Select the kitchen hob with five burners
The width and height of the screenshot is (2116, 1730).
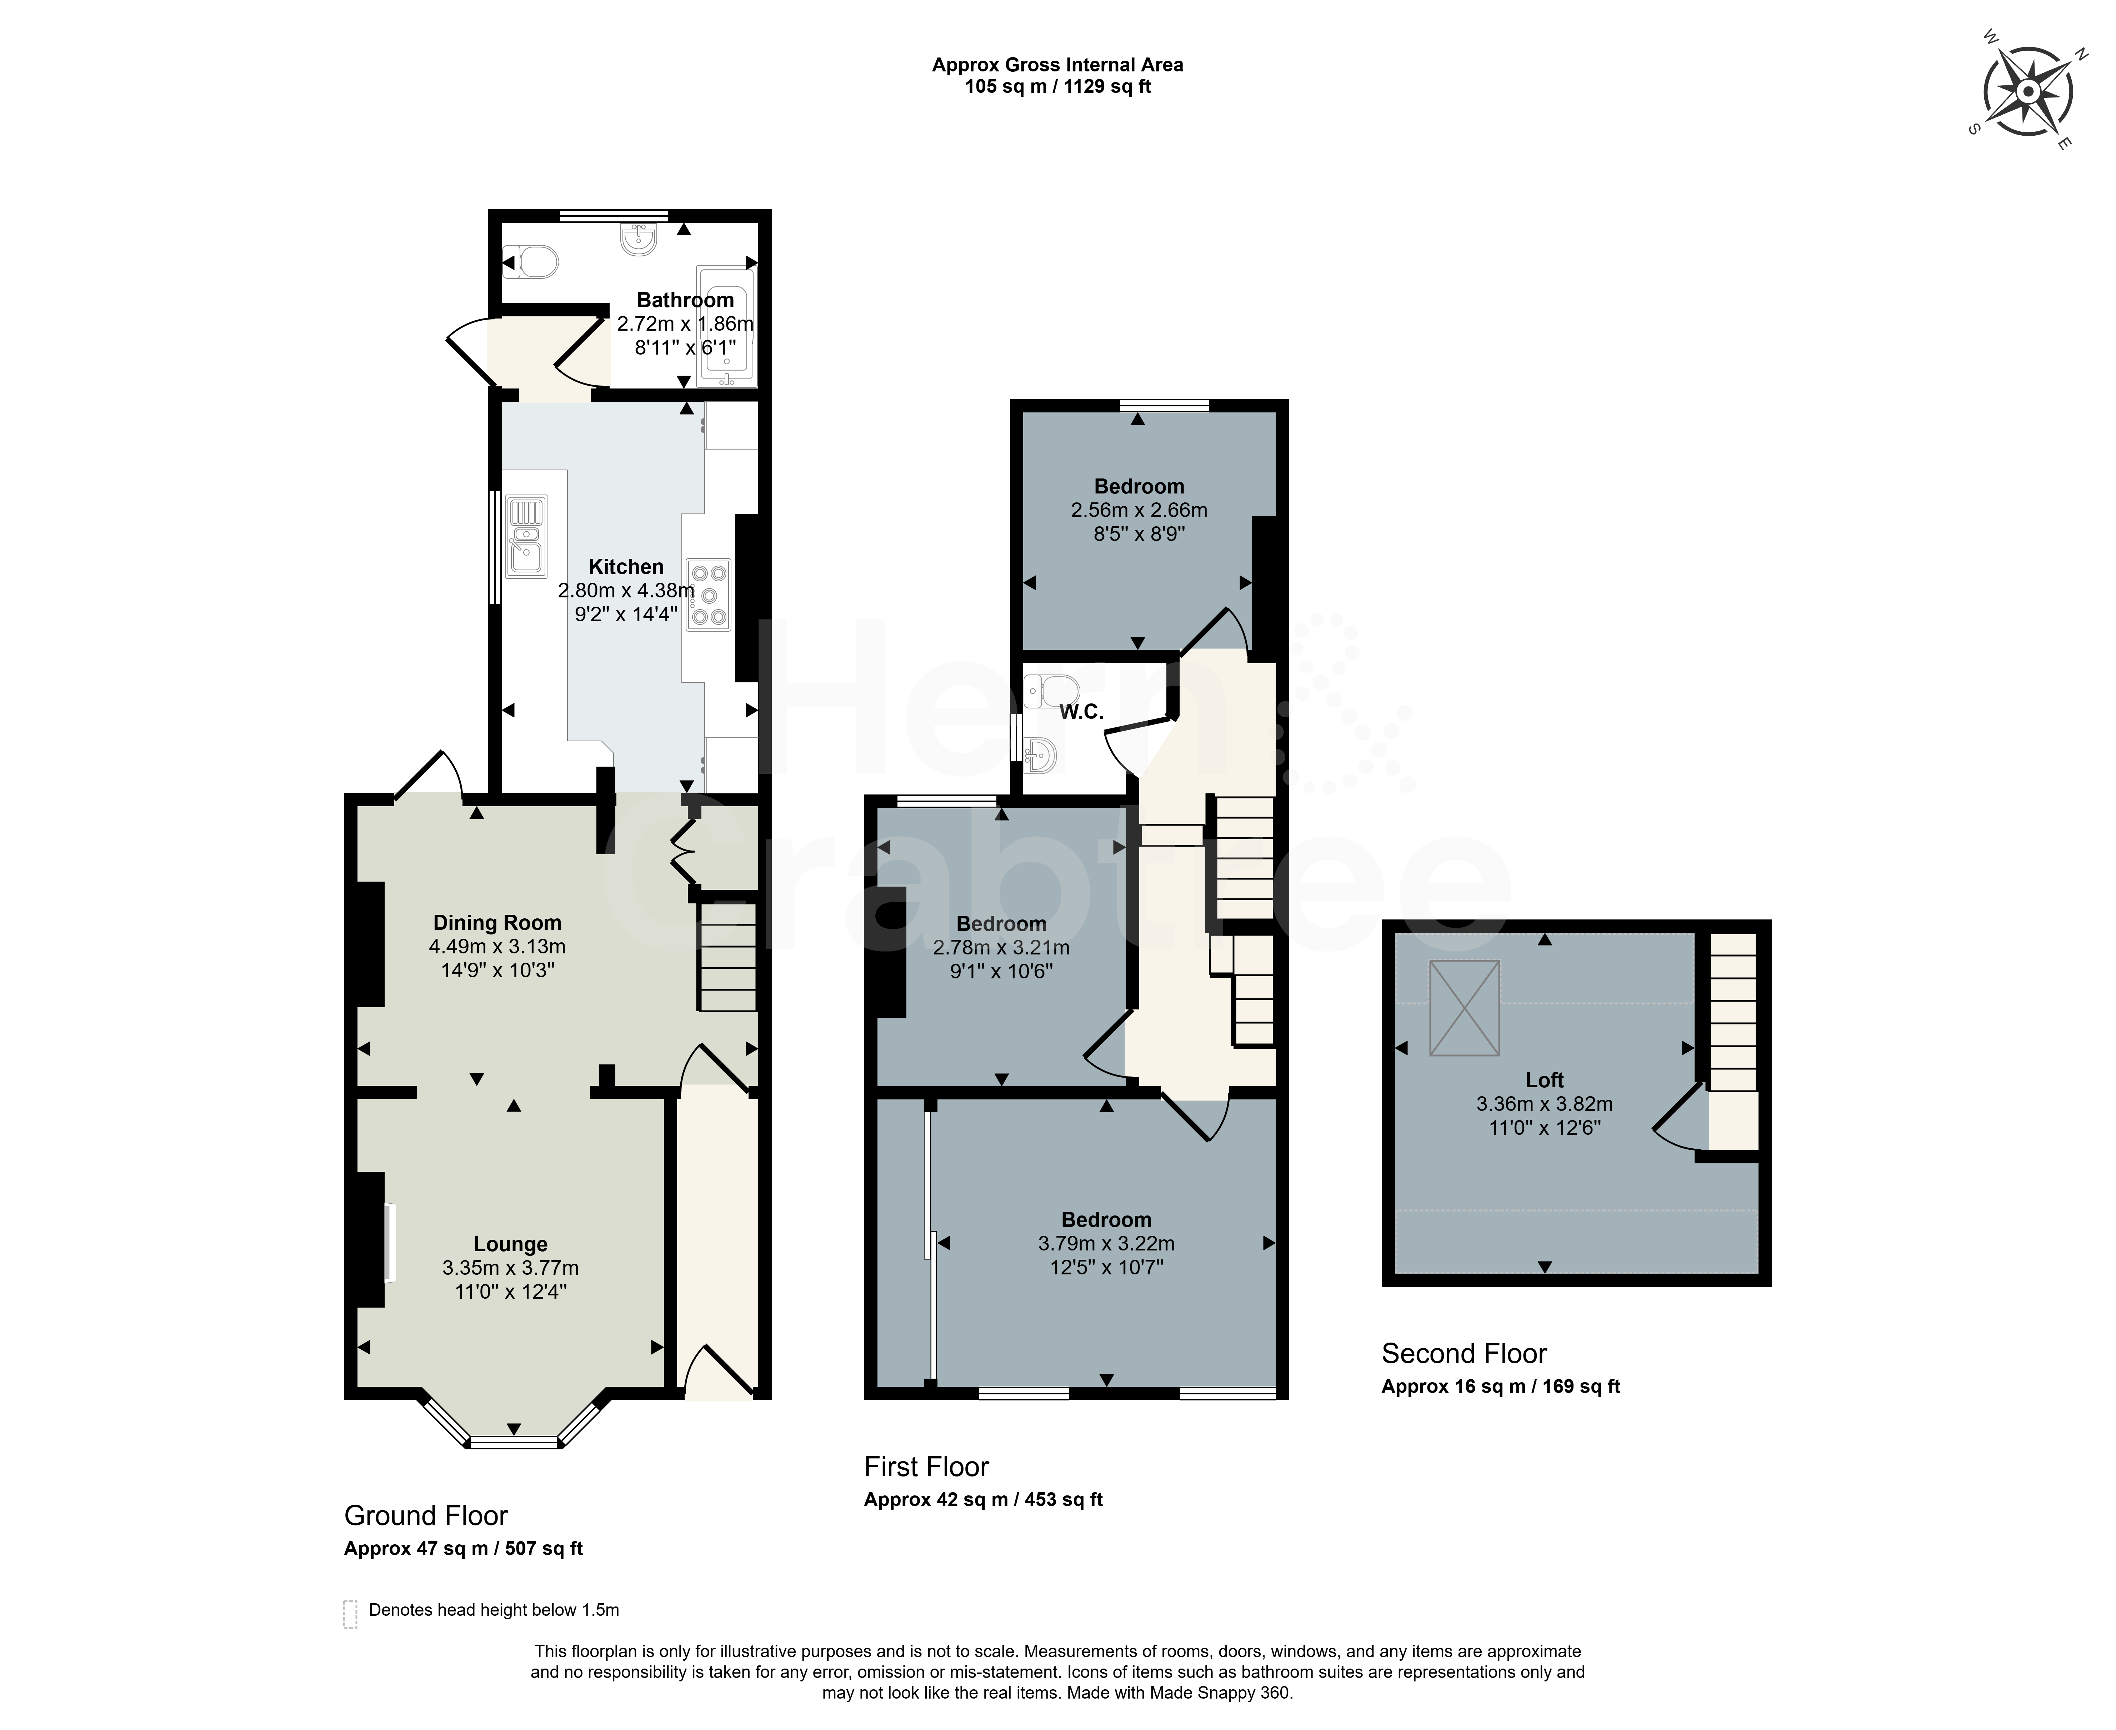tap(709, 595)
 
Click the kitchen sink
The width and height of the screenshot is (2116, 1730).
tap(525, 536)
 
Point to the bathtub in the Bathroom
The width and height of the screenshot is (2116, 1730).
tap(727, 326)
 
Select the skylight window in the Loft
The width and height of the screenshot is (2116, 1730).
tap(1464, 1008)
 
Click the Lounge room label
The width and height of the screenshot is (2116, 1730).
tap(510, 1244)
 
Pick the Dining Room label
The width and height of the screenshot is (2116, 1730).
tap(497, 923)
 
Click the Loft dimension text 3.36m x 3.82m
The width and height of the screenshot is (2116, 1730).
tap(1544, 1104)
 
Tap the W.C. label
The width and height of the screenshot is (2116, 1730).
tap(1081, 712)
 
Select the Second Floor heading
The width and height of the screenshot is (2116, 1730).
tap(1464, 1353)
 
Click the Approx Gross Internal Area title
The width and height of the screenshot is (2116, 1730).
tap(1057, 65)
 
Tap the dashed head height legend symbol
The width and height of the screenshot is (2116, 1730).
tap(350, 1614)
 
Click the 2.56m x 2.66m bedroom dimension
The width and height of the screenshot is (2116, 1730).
tap(1139, 510)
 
